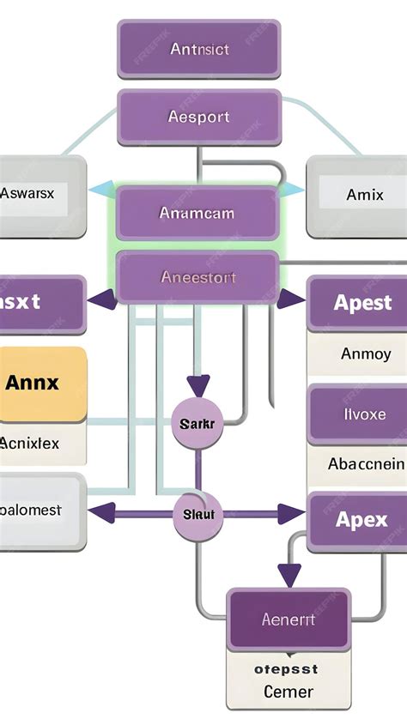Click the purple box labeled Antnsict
pyautogui.click(x=199, y=49)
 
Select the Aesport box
pyautogui.click(x=199, y=118)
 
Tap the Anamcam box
pyautogui.click(x=197, y=213)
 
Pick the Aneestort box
pyautogui.click(x=197, y=277)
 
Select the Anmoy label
pyautogui.click(x=365, y=353)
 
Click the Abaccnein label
pyautogui.click(x=365, y=464)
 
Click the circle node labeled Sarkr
pyautogui.click(x=198, y=423)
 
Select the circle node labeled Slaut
pyautogui.click(x=198, y=515)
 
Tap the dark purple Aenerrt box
pyautogui.click(x=289, y=619)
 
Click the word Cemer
pyautogui.click(x=289, y=692)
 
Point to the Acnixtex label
pyautogui.click(x=34, y=444)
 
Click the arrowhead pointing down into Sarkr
pyautogui.click(x=198, y=386)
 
